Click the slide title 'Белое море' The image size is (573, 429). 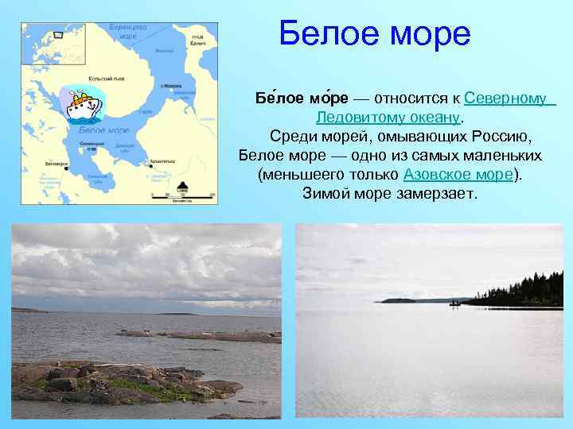point(375,34)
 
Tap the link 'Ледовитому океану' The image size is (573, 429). point(388,118)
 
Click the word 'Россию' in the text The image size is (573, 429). point(506,137)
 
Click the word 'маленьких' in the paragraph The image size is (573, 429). point(502,156)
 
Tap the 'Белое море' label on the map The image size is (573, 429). point(103,129)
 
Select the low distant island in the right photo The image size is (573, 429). point(398,300)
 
